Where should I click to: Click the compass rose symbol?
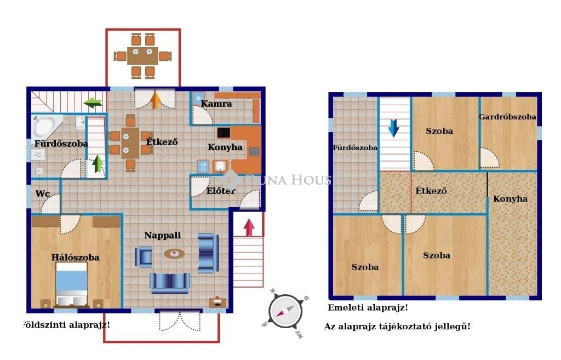pos(285,311)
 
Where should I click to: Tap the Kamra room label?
pos(216,104)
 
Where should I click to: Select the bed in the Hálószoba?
pos(72,284)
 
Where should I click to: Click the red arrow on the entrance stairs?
pos(249,227)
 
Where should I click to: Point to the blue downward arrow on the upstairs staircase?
pos(393,128)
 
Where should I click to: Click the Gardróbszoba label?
pos(507,117)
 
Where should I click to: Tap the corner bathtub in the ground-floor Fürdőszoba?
pos(45,125)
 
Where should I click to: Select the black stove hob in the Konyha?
pos(224,133)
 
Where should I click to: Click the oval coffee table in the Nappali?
pos(174,254)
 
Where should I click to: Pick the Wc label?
pos(42,193)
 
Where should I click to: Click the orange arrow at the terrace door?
pos(155,100)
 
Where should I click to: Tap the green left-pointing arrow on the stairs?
pos(93,102)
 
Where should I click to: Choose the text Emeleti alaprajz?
pos(368,307)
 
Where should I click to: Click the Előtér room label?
pos(221,191)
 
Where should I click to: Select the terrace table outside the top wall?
pos(143,56)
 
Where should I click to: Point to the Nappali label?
pos(162,235)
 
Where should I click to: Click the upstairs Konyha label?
pos(510,199)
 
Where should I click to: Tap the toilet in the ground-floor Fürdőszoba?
pos(38,171)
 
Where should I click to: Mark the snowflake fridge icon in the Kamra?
pos(198,99)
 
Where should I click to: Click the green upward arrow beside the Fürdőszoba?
pos(98,164)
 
